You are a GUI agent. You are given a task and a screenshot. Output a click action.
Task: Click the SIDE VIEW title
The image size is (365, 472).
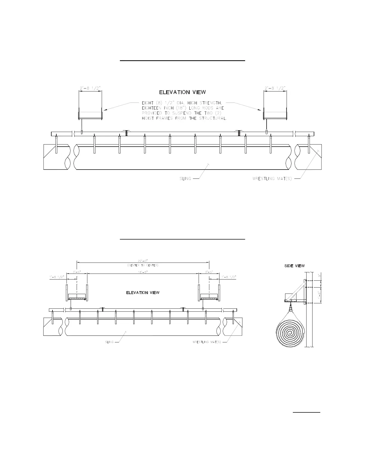click(x=294, y=266)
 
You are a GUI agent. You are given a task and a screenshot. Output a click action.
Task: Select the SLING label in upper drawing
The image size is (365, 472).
click(x=185, y=179)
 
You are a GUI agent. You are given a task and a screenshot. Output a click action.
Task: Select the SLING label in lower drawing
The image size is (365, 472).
click(x=109, y=342)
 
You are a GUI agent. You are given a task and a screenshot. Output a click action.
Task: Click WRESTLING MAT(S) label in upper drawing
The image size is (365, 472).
click(x=272, y=179)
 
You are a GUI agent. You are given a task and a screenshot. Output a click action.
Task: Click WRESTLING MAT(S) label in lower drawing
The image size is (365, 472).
click(x=207, y=342)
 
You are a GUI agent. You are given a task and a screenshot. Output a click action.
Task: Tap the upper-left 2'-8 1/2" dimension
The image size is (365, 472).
click(x=90, y=88)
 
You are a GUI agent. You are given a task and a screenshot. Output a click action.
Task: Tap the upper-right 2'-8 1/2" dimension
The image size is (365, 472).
click(x=275, y=88)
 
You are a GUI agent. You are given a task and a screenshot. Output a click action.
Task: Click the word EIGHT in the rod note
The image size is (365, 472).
click(x=148, y=103)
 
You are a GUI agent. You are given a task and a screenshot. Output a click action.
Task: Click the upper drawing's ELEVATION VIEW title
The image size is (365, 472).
click(x=182, y=92)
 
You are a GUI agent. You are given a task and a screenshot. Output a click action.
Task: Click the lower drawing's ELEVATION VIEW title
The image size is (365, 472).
click(x=143, y=293)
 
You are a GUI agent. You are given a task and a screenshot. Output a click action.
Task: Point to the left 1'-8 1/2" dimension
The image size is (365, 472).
click(x=57, y=277)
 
